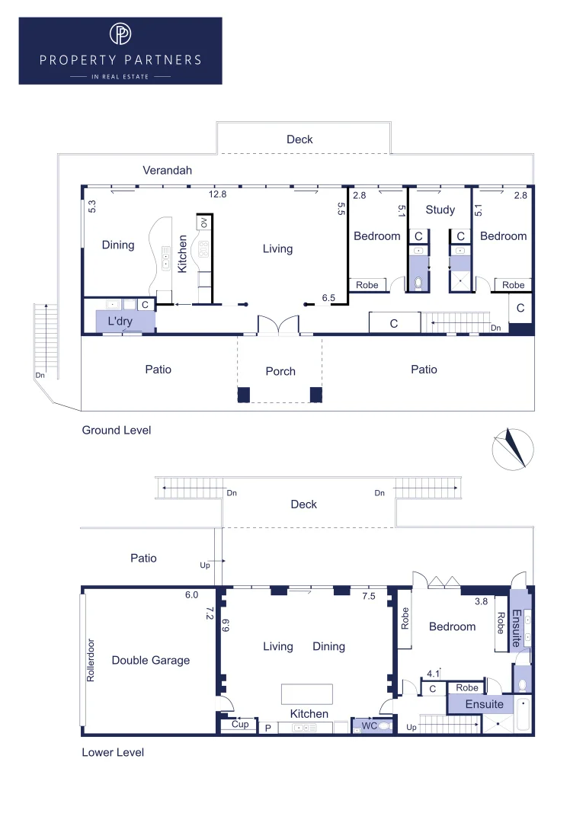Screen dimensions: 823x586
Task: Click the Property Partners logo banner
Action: [120, 50]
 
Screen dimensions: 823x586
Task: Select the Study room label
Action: [440, 210]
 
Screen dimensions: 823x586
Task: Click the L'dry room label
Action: [120, 322]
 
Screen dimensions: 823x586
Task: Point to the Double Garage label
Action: [150, 661]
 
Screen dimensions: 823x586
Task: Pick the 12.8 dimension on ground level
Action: [219, 195]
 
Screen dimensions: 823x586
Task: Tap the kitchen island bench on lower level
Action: [307, 693]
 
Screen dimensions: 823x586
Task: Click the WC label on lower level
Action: [370, 726]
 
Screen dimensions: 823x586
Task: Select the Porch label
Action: [280, 371]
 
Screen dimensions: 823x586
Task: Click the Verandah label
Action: [168, 170]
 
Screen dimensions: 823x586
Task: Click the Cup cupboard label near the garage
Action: [239, 725]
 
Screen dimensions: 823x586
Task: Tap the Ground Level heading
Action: [117, 431]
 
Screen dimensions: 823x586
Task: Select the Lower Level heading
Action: [113, 752]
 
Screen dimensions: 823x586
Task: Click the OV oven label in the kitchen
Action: [203, 223]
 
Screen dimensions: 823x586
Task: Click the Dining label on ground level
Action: [118, 245]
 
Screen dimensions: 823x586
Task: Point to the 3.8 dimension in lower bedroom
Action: [481, 601]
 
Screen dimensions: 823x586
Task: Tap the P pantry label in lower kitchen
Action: [267, 729]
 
